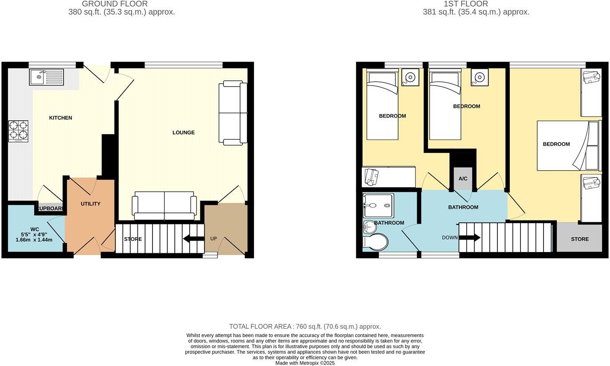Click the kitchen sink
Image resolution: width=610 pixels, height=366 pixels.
[x=47, y=77]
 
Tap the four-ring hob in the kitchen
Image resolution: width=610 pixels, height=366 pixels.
[x=18, y=131]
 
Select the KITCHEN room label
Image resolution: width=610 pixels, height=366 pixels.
[x=60, y=118]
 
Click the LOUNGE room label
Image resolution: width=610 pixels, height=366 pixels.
[x=184, y=133]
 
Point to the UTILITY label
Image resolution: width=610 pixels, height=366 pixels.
[x=90, y=204]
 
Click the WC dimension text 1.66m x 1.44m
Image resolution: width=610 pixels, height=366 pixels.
[x=34, y=240]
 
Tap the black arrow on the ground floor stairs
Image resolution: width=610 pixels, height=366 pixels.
[x=194, y=239]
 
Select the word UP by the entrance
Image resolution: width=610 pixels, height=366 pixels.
[x=213, y=239]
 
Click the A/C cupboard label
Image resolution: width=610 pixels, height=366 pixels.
[x=463, y=179]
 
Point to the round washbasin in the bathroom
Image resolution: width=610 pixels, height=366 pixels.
[x=369, y=227]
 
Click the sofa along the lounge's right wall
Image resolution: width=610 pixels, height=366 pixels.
[x=233, y=113]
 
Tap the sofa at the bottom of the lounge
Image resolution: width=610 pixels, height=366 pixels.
[x=164, y=205]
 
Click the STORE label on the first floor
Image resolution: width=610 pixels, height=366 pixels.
[x=579, y=239]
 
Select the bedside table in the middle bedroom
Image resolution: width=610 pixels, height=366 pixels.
[x=479, y=77]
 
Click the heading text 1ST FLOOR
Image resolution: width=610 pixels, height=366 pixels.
[x=460, y=4]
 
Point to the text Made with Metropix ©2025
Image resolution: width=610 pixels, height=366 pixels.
[x=305, y=363]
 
